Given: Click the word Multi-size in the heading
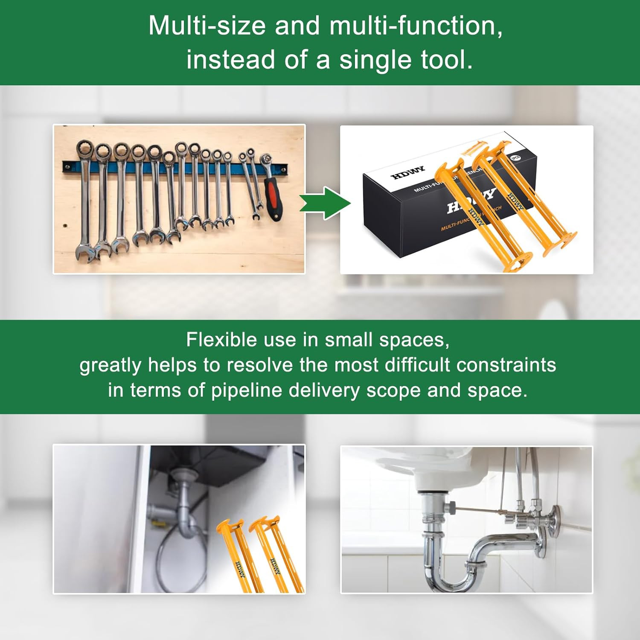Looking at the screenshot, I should click(207, 26).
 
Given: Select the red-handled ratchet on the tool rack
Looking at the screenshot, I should click(272, 192).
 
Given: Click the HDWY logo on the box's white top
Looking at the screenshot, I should click(408, 172).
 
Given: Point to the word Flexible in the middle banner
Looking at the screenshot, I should click(221, 340).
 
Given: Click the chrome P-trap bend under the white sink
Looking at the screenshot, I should click(452, 572).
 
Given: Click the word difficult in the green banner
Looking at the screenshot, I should click(413, 365).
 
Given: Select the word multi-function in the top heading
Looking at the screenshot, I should click(416, 26).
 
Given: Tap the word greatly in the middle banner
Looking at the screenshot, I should click(110, 365).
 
